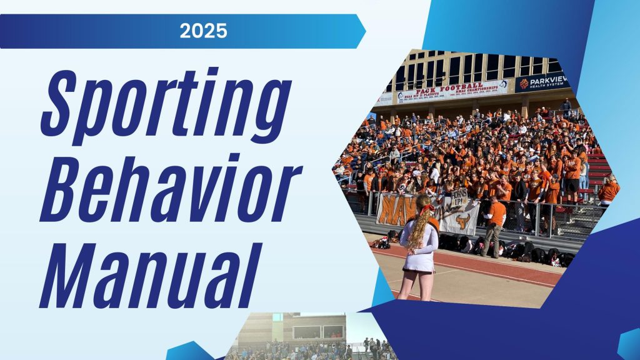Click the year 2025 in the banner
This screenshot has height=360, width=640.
click(203, 31)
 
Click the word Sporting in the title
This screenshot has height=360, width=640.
click(166, 103)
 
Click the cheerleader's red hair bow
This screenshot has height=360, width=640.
click(427, 209)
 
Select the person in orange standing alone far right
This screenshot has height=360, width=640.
click(607, 191)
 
